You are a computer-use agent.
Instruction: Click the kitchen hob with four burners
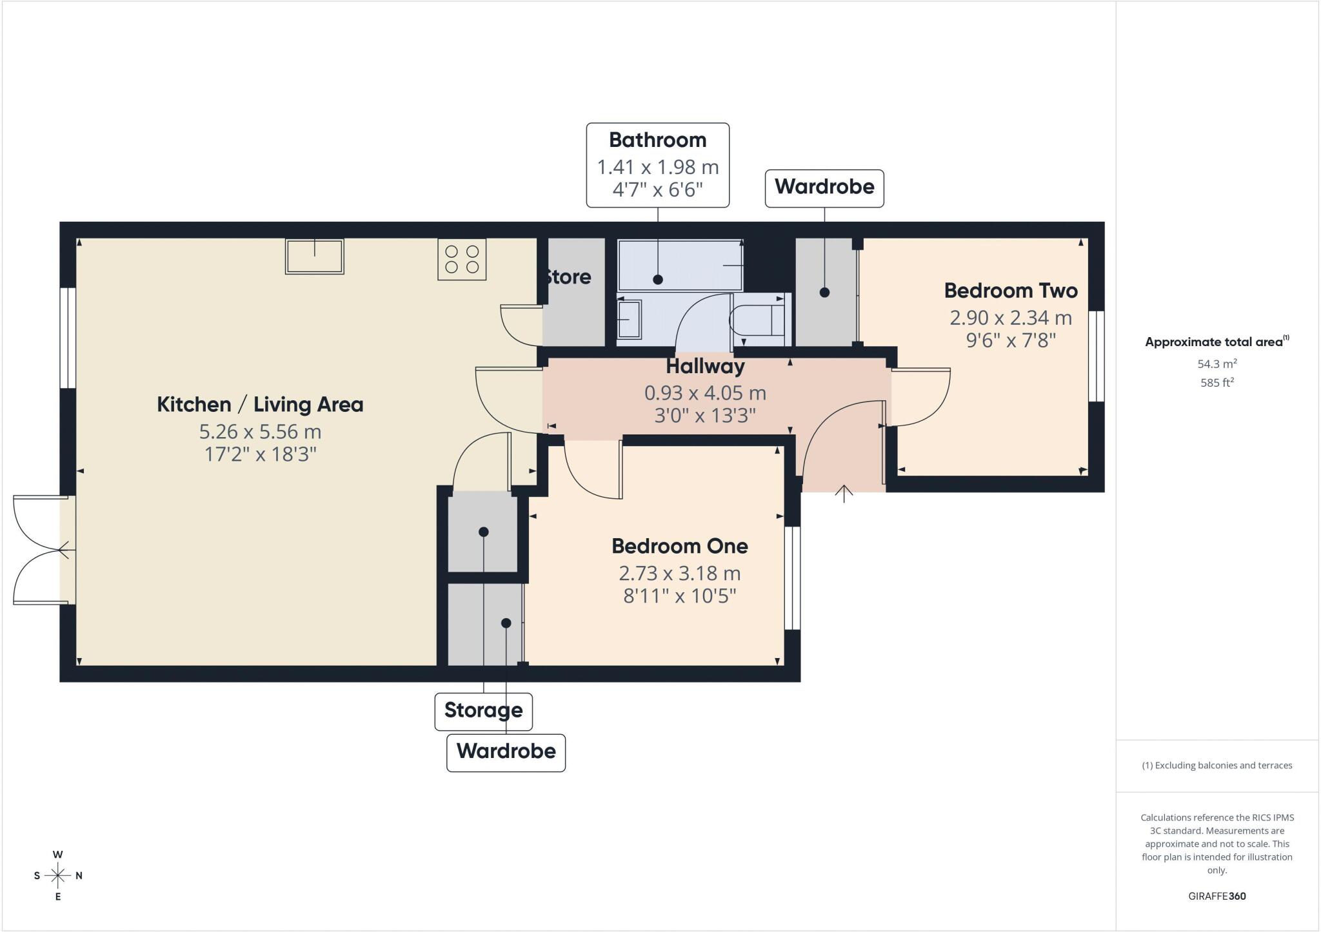(x=462, y=259)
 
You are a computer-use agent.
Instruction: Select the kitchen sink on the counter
(x=315, y=256)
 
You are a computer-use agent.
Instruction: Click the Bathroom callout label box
(x=658, y=165)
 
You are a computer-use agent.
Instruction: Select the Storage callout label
(x=484, y=711)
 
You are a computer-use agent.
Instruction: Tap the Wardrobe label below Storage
(x=506, y=752)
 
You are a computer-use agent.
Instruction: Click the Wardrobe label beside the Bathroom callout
(x=824, y=188)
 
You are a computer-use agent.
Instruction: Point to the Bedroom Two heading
(x=1011, y=291)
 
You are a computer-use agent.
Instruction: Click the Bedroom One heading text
(x=680, y=547)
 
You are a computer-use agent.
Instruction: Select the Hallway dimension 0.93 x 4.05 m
(x=705, y=393)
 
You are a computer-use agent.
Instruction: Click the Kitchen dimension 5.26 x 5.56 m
(x=260, y=432)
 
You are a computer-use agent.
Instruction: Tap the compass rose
(x=58, y=875)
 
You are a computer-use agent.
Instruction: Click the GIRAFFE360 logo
(x=1217, y=896)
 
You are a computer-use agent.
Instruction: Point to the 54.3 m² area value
(x=1217, y=364)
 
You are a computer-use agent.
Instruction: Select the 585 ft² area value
(x=1217, y=382)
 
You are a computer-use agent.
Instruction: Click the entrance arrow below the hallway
(x=844, y=493)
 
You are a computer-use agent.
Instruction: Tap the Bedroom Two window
(x=1097, y=356)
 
